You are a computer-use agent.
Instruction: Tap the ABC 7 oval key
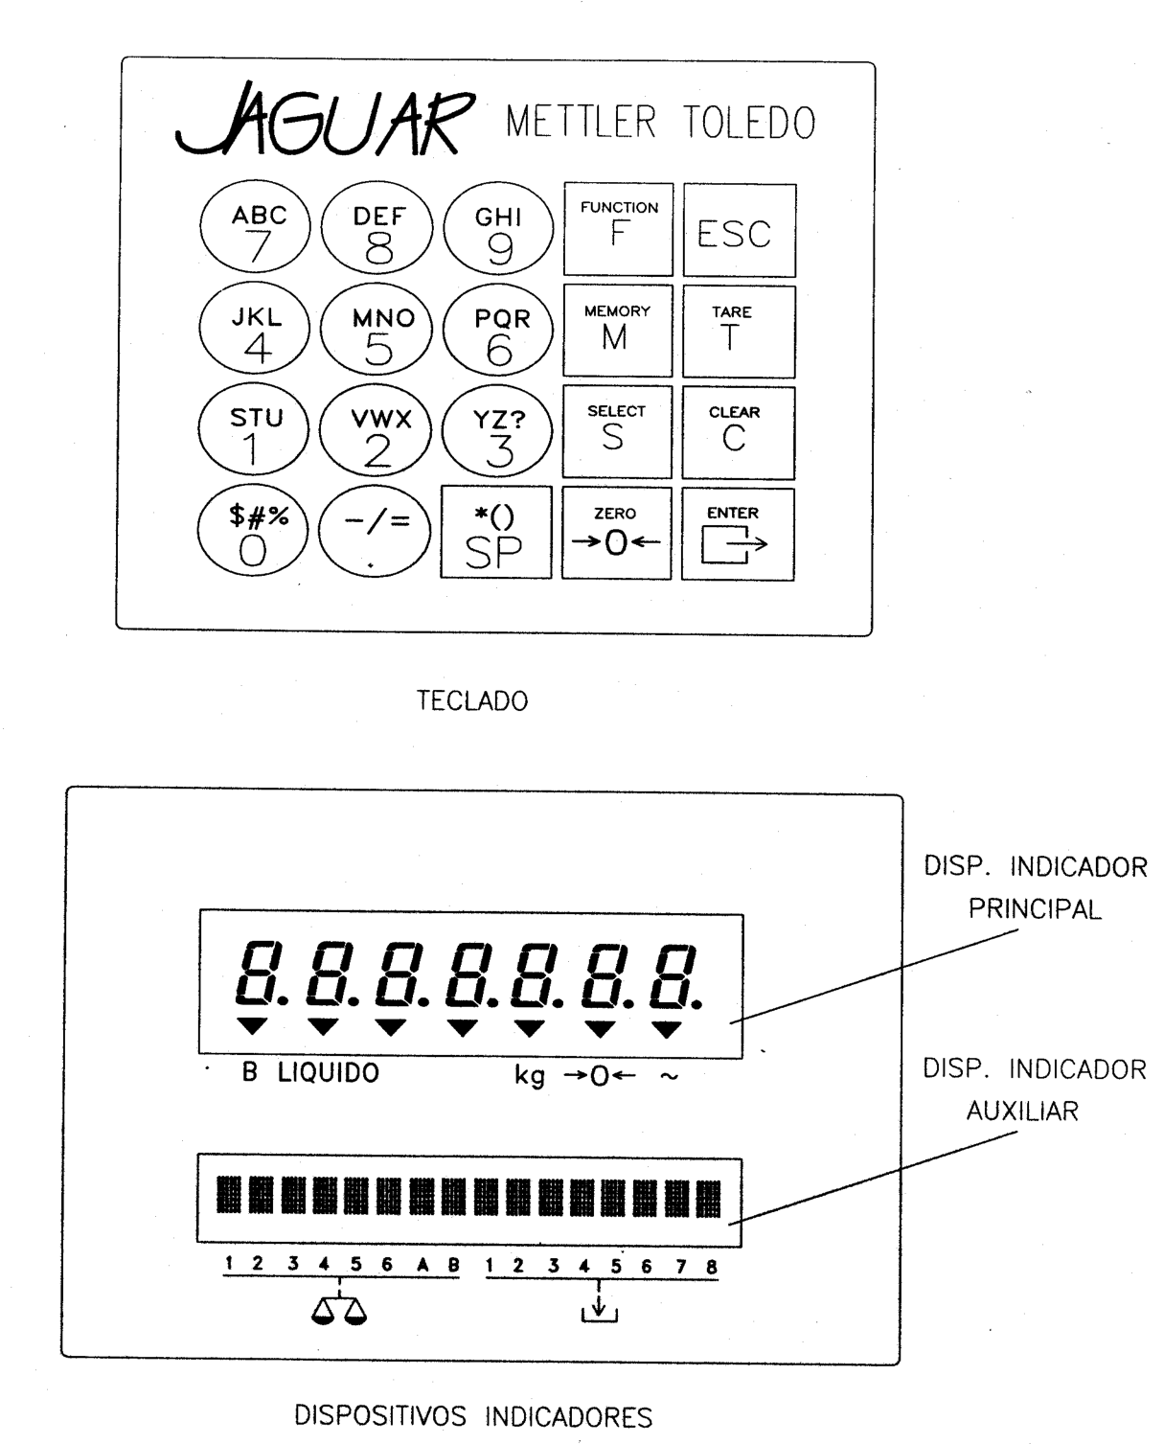[x=255, y=227]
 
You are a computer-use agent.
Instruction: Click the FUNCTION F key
[x=618, y=229]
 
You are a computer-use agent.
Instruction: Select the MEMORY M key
[x=617, y=331]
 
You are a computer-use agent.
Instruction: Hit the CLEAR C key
[x=738, y=433]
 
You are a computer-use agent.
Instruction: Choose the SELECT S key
[x=617, y=431]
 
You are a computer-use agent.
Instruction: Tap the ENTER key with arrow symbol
[x=738, y=534]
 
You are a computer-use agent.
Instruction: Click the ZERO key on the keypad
[x=616, y=534]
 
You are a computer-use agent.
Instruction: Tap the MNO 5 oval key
[x=377, y=330]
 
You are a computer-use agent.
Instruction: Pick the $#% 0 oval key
[x=253, y=531]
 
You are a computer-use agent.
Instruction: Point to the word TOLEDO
[x=749, y=123]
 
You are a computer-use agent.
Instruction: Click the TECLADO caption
[x=472, y=701]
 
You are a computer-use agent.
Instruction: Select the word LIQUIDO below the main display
[x=329, y=1073]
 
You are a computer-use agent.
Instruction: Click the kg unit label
[x=530, y=1076]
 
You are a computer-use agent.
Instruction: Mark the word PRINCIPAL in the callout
[x=1035, y=909]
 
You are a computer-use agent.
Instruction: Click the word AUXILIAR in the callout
[x=1022, y=1112]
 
